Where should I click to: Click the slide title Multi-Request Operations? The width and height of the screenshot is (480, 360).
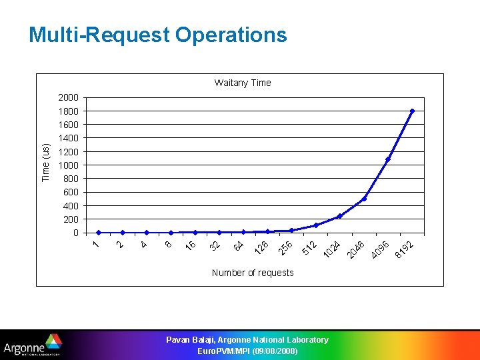coord(157,35)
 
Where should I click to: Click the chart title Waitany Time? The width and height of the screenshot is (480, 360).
coord(243,83)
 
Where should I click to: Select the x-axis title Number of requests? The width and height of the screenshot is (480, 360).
coord(252,273)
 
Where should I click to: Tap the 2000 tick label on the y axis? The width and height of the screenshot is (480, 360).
coord(67,98)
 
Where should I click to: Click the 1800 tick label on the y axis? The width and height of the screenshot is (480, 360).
coord(67,111)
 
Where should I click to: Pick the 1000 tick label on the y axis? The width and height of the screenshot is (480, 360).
coord(67,165)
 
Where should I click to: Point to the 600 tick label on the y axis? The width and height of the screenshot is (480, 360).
coord(71,193)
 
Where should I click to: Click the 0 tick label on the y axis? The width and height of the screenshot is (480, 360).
coord(76,233)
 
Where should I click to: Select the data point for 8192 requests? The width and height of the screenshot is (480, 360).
coord(413,111)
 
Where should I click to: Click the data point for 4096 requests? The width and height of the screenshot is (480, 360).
coord(388,159)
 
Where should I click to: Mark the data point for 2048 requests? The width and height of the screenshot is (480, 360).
coord(364,199)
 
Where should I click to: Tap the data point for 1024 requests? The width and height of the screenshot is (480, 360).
coord(340,216)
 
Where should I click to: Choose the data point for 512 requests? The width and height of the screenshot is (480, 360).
coord(315,225)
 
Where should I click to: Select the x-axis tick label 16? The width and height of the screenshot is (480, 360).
coord(191,245)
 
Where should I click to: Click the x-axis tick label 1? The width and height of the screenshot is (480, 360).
coord(96,245)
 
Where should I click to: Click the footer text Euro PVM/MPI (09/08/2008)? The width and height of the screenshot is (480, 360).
coord(247,351)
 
